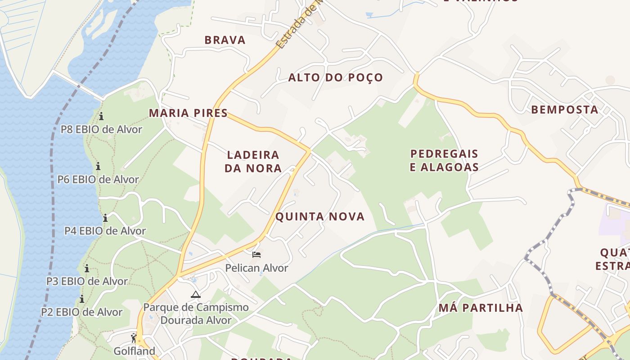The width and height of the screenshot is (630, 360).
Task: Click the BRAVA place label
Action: [225, 40]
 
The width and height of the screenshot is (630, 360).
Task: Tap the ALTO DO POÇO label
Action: [335, 77]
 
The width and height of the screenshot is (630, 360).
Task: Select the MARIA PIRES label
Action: [188, 113]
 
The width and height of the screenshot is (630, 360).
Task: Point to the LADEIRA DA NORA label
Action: [254, 162]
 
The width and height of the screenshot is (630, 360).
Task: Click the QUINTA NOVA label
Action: [319, 217]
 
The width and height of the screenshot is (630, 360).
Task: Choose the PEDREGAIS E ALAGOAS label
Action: [444, 161]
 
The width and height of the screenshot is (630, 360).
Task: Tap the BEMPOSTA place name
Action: [565, 110]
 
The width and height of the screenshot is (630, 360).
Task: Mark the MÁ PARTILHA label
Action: [481, 308]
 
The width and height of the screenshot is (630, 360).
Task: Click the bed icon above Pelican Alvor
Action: [256, 255]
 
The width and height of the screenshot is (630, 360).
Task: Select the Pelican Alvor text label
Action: [256, 268]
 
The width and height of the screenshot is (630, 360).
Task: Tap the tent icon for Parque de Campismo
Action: [195, 295]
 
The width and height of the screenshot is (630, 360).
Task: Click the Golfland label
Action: [134, 351]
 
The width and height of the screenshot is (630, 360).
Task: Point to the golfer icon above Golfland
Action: [134, 338]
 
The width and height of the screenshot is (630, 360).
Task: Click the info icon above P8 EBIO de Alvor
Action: [101, 117]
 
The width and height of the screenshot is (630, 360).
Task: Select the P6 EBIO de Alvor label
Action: [98, 180]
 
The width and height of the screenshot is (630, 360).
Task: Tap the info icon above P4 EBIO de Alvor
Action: [105, 218]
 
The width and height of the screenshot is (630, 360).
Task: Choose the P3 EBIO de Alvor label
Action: [87, 281]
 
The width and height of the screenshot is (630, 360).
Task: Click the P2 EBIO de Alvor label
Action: [81, 312]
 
